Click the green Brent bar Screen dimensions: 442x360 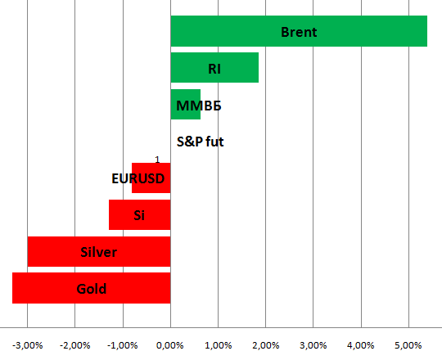tap(299, 31)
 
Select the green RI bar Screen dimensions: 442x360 tap(214, 68)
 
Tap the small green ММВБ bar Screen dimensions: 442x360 tap(186, 105)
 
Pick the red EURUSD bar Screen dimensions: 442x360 tap(151, 178)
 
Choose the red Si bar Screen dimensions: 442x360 tap(139, 215)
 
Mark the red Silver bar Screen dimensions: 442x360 tap(99, 251)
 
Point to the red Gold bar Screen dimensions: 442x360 tap(92, 288)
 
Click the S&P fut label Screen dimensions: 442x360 tap(201, 142)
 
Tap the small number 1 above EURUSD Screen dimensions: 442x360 tap(157, 160)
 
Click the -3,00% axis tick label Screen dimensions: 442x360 tap(28, 345)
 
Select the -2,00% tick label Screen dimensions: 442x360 tap(75, 345)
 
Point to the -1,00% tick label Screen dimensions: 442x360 tap(123, 345)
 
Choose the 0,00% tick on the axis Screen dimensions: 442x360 tap(170, 345)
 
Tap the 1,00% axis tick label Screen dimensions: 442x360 tap(219, 345)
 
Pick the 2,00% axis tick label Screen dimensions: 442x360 tap(266, 345)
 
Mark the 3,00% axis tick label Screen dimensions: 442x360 tap(313, 345)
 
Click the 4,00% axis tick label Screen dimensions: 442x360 tap(361, 345)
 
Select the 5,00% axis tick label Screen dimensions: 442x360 tap(408, 345)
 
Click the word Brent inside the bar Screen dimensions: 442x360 tap(299, 32)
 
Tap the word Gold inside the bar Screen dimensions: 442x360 tap(92, 289)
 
